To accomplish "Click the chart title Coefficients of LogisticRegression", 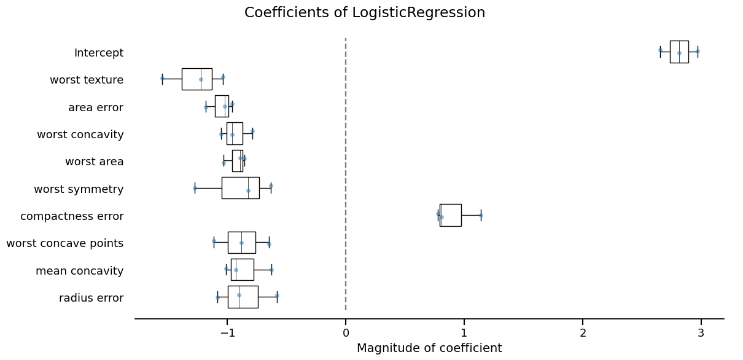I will coord(365,13).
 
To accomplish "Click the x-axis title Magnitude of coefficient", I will coord(429,348).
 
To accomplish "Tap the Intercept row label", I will coord(99,53).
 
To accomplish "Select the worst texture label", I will coord(87,80).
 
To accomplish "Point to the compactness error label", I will coord(72,216).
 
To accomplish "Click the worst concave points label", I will coord(65,243).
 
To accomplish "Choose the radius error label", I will coord(91,298).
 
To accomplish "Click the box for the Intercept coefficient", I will coord(679,52).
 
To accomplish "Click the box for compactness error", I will coord(451,215).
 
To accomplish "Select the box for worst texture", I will coord(196,79).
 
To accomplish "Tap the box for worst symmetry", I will coord(240,188).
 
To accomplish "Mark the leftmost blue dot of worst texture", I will coord(162,78).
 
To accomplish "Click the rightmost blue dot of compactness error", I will coord(481,215).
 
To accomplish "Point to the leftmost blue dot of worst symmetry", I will coord(195,188).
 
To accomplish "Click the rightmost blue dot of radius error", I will coord(277,295).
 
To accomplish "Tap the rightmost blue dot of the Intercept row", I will coord(698,52).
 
